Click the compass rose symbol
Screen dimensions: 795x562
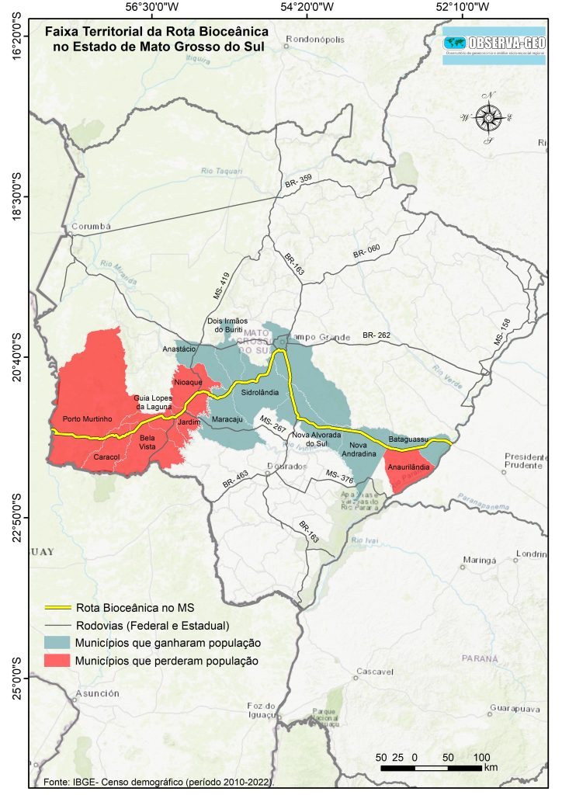coord(489,118)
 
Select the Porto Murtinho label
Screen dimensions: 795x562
coord(88,418)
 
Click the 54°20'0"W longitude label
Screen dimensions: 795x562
coord(308,8)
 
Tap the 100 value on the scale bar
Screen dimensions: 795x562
coord(481,756)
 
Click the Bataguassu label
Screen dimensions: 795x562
coord(408,439)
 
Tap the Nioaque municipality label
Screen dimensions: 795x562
coord(188,383)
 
